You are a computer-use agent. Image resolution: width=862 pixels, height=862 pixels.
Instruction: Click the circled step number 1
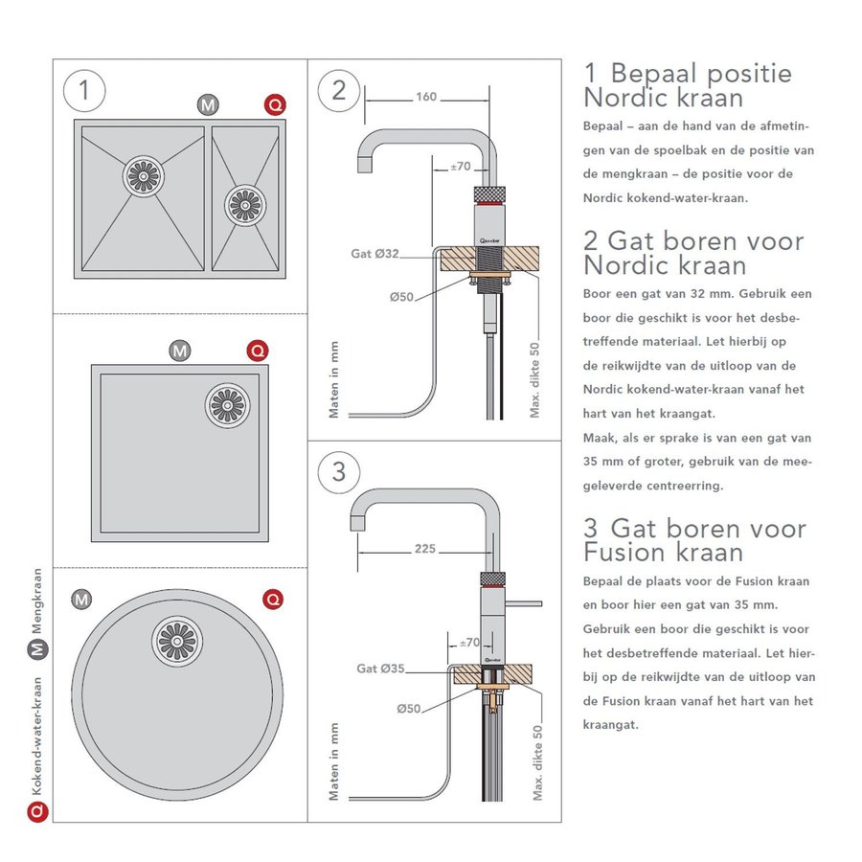click(x=84, y=91)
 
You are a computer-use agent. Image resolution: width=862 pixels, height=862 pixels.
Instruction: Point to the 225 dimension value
click(x=425, y=549)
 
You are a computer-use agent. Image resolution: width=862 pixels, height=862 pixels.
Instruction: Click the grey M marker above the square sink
click(x=179, y=351)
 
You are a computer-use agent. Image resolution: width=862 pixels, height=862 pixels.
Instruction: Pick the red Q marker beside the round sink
click(x=273, y=600)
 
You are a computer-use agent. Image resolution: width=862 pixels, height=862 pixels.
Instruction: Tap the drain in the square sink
click(x=227, y=404)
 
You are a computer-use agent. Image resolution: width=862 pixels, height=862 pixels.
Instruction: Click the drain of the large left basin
click(x=144, y=176)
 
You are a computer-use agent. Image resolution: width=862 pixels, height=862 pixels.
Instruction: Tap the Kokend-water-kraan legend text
click(x=37, y=737)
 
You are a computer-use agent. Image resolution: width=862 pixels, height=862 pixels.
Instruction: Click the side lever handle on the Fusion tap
click(x=525, y=602)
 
